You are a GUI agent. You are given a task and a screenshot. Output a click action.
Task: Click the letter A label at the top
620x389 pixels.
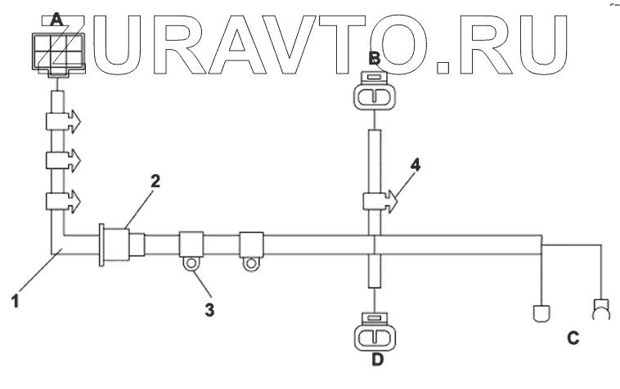coord(56,18)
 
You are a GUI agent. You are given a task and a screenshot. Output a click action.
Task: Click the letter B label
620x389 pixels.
coord(374,58)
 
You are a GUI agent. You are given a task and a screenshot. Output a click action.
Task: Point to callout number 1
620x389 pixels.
coord(16,300)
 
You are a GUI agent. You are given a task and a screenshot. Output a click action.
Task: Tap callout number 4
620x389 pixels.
coord(416,164)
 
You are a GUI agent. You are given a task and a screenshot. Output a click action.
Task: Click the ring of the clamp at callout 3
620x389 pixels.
coord(191,263)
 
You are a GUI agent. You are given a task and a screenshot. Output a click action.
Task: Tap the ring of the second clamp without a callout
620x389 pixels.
coord(249,263)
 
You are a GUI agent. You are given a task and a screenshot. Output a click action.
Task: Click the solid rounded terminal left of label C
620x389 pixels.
coord(540,311)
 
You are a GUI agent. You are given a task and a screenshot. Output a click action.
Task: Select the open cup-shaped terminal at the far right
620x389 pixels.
coord(601,309)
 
